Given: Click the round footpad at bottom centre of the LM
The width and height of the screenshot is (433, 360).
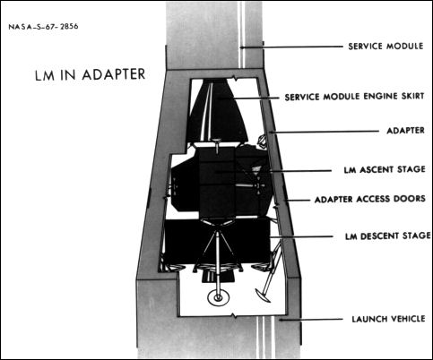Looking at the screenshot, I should point(216,297).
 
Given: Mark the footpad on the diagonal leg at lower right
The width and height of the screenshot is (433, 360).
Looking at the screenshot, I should point(262,292).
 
